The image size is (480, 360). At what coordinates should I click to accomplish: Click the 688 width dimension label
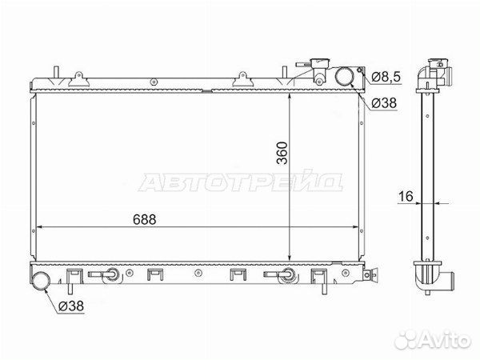click(x=145, y=219)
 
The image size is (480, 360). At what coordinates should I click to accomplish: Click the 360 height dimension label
click(x=282, y=153)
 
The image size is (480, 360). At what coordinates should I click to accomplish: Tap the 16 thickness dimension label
click(x=406, y=196)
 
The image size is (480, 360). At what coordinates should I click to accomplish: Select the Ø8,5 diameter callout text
click(x=386, y=77)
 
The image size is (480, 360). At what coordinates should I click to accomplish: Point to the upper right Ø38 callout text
click(x=384, y=103)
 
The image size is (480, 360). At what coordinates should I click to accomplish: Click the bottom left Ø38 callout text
click(x=71, y=306)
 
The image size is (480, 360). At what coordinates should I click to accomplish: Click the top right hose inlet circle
click(x=344, y=76)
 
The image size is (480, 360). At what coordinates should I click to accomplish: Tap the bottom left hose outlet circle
click(x=41, y=281)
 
